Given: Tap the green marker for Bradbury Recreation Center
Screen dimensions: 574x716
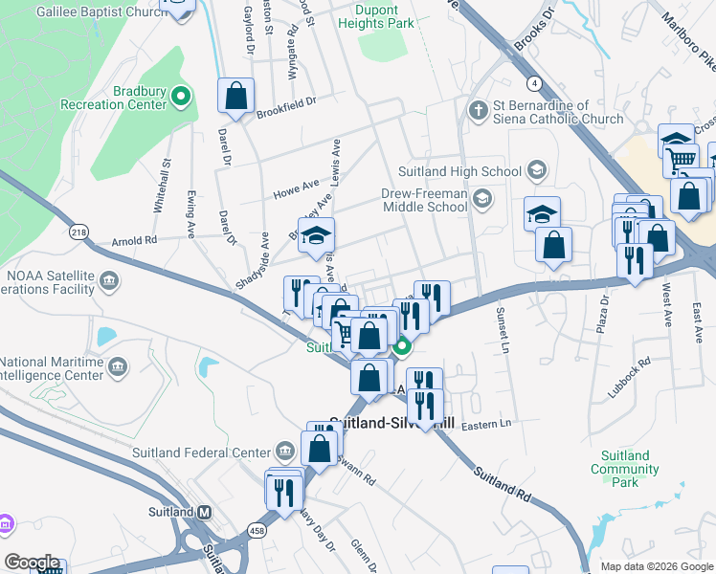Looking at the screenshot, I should [x=183, y=96].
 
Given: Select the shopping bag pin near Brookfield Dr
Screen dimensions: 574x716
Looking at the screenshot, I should [x=235, y=96].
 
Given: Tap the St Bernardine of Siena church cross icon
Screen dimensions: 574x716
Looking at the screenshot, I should [x=477, y=111].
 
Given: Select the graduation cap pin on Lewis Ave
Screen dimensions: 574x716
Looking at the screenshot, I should [x=316, y=236].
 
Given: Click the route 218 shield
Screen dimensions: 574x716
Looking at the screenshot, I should [x=78, y=232].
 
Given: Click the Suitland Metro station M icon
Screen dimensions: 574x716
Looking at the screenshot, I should [x=204, y=512].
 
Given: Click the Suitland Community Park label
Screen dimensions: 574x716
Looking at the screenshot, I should [x=625, y=470].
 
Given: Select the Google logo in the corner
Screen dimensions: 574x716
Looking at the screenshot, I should [x=32, y=563].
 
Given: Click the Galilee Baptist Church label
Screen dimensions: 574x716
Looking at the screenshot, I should [x=88, y=12].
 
